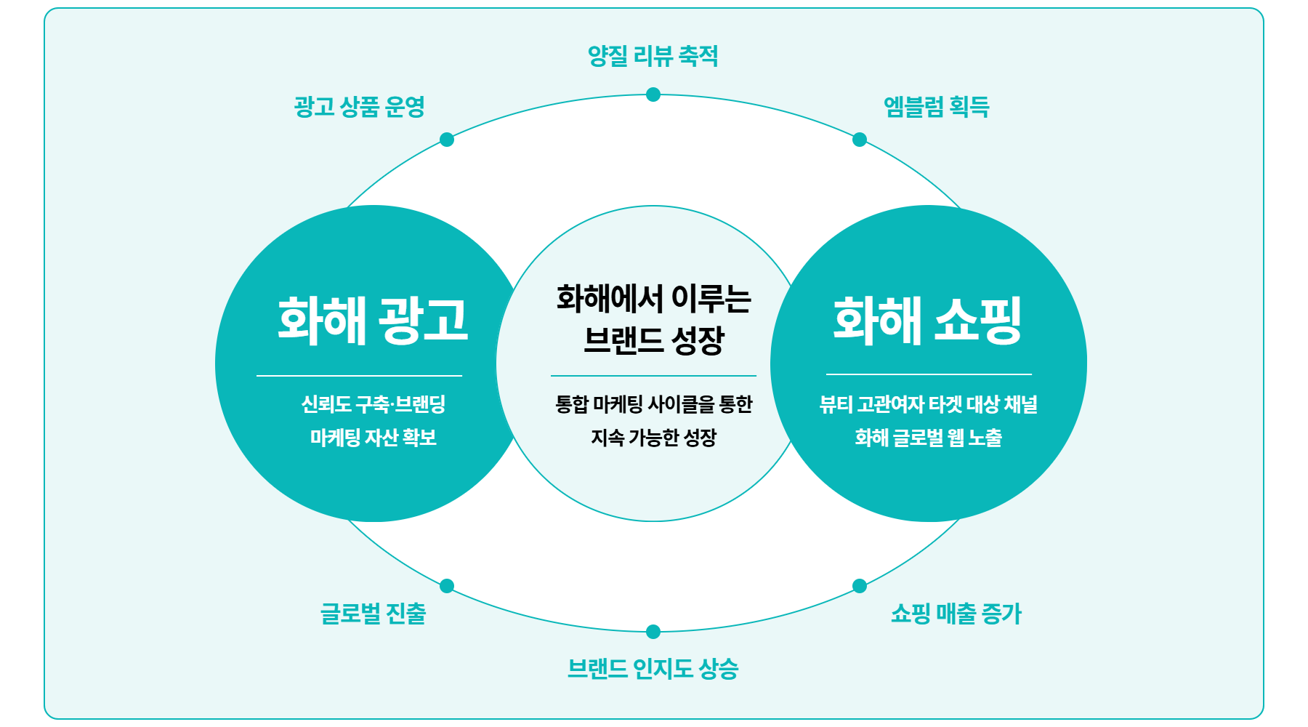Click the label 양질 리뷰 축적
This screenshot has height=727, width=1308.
[x=653, y=56]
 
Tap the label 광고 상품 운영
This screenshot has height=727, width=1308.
[x=360, y=106]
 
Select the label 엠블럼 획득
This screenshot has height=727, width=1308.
[x=937, y=106]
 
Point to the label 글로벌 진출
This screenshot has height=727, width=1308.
[x=374, y=613]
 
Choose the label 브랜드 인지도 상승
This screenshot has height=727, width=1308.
[x=653, y=668]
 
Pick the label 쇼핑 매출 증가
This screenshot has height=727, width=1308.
[x=956, y=613]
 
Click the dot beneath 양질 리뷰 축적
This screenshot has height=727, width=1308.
[x=653, y=95]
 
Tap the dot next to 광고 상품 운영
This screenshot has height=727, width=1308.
[x=447, y=140]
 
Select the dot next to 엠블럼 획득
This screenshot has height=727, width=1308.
[x=860, y=140]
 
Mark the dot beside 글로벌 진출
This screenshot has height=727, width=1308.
[x=447, y=586]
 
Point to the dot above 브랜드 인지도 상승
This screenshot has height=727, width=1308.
[x=653, y=632]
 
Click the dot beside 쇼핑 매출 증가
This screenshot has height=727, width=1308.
[x=860, y=586]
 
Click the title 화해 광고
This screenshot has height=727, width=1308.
[x=374, y=319]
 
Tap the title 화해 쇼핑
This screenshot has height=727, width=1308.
[x=928, y=319]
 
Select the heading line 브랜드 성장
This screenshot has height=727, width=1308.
[x=654, y=340]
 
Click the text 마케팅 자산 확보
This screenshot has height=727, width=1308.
[x=374, y=437]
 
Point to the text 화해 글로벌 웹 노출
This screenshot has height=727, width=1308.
[x=929, y=437]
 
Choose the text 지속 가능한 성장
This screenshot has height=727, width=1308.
[x=654, y=437]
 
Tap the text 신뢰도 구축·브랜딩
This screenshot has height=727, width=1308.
[x=374, y=403]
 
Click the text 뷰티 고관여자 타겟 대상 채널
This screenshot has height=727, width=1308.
[x=929, y=403]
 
